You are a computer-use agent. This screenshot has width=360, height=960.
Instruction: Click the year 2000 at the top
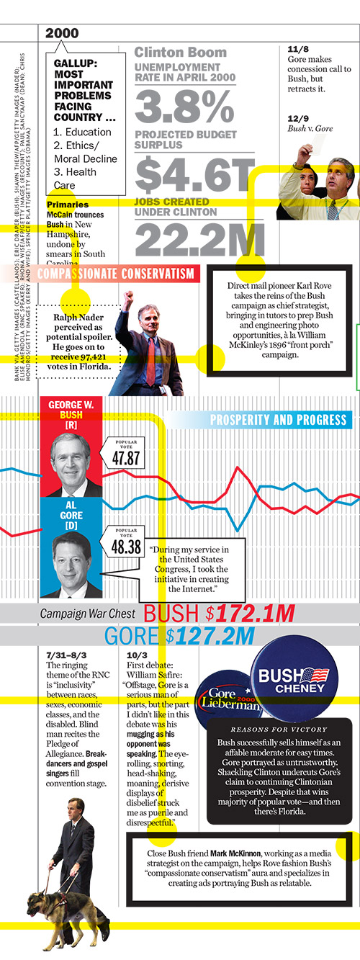(62, 33)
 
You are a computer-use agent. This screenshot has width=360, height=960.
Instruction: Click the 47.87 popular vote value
(125, 459)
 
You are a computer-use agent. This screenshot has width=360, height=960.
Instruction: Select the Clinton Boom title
(180, 53)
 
